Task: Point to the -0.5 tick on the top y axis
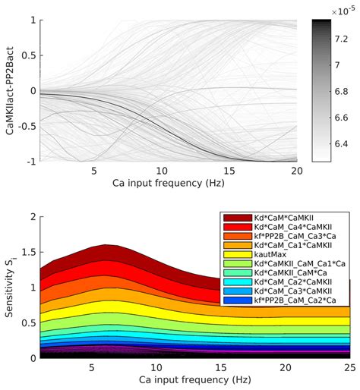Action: point(24,126)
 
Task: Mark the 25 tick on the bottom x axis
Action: point(349,366)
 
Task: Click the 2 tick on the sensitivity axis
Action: point(30,217)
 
